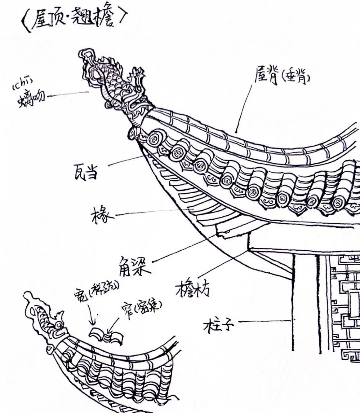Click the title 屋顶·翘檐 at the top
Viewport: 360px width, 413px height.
(x=74, y=19)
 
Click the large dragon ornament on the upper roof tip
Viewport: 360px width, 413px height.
(x=118, y=87)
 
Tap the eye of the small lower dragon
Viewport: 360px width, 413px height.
(x=58, y=325)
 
